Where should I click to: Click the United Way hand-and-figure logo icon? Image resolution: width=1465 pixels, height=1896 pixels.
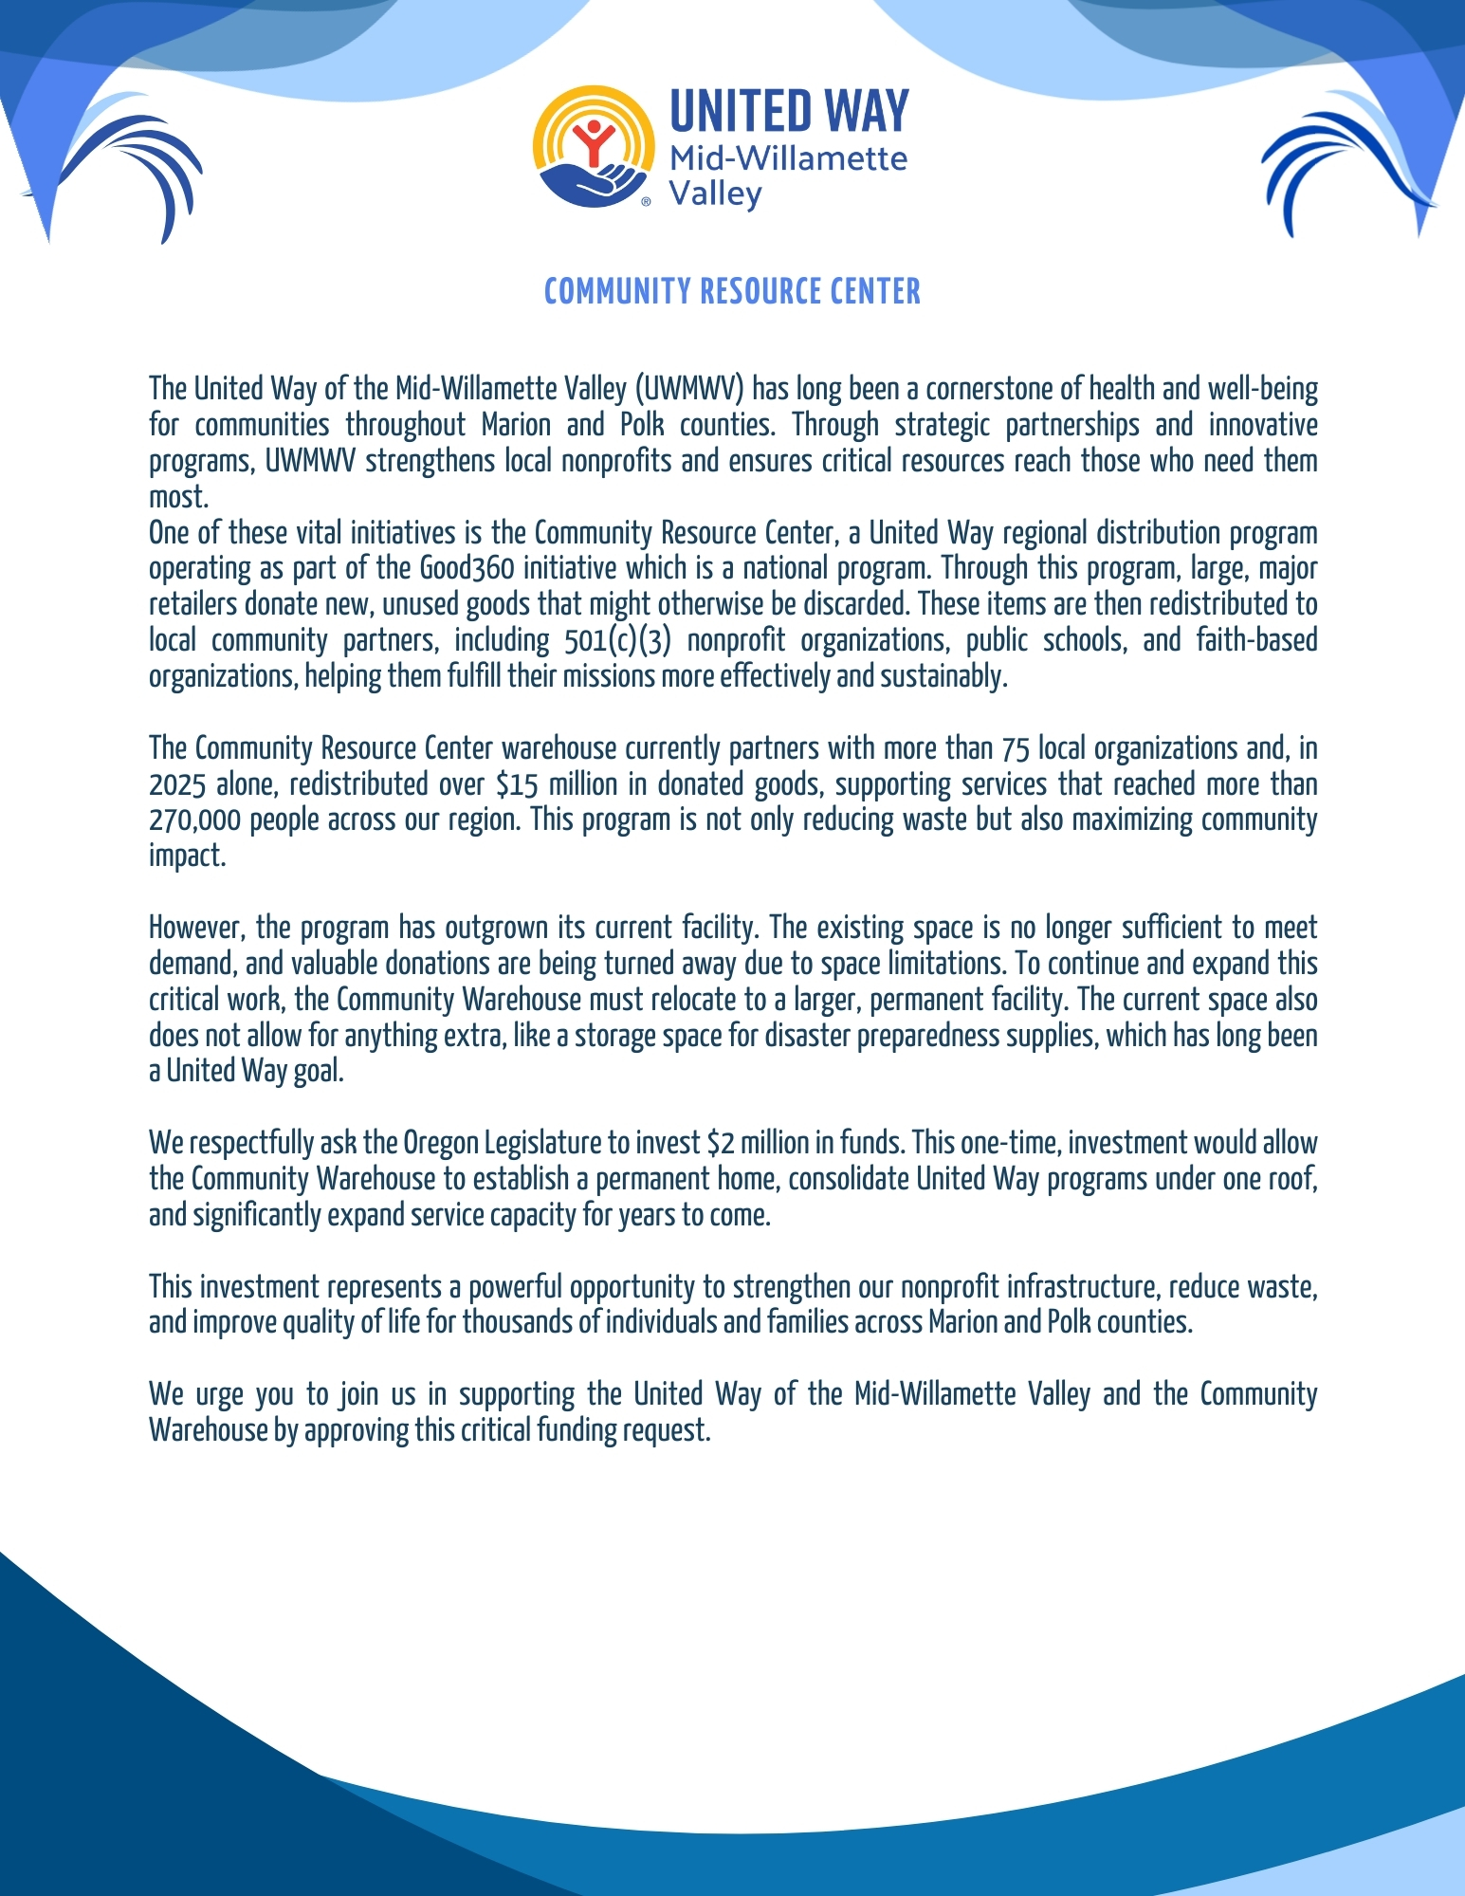[x=594, y=148]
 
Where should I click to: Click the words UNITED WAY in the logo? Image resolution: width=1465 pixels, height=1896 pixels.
[x=789, y=111]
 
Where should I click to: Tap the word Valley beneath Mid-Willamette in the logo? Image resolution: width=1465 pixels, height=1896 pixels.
[x=715, y=194]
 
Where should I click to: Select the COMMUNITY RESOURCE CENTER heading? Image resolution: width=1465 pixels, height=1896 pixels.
[x=732, y=291]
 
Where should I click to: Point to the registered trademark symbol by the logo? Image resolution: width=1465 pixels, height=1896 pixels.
[x=647, y=202]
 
